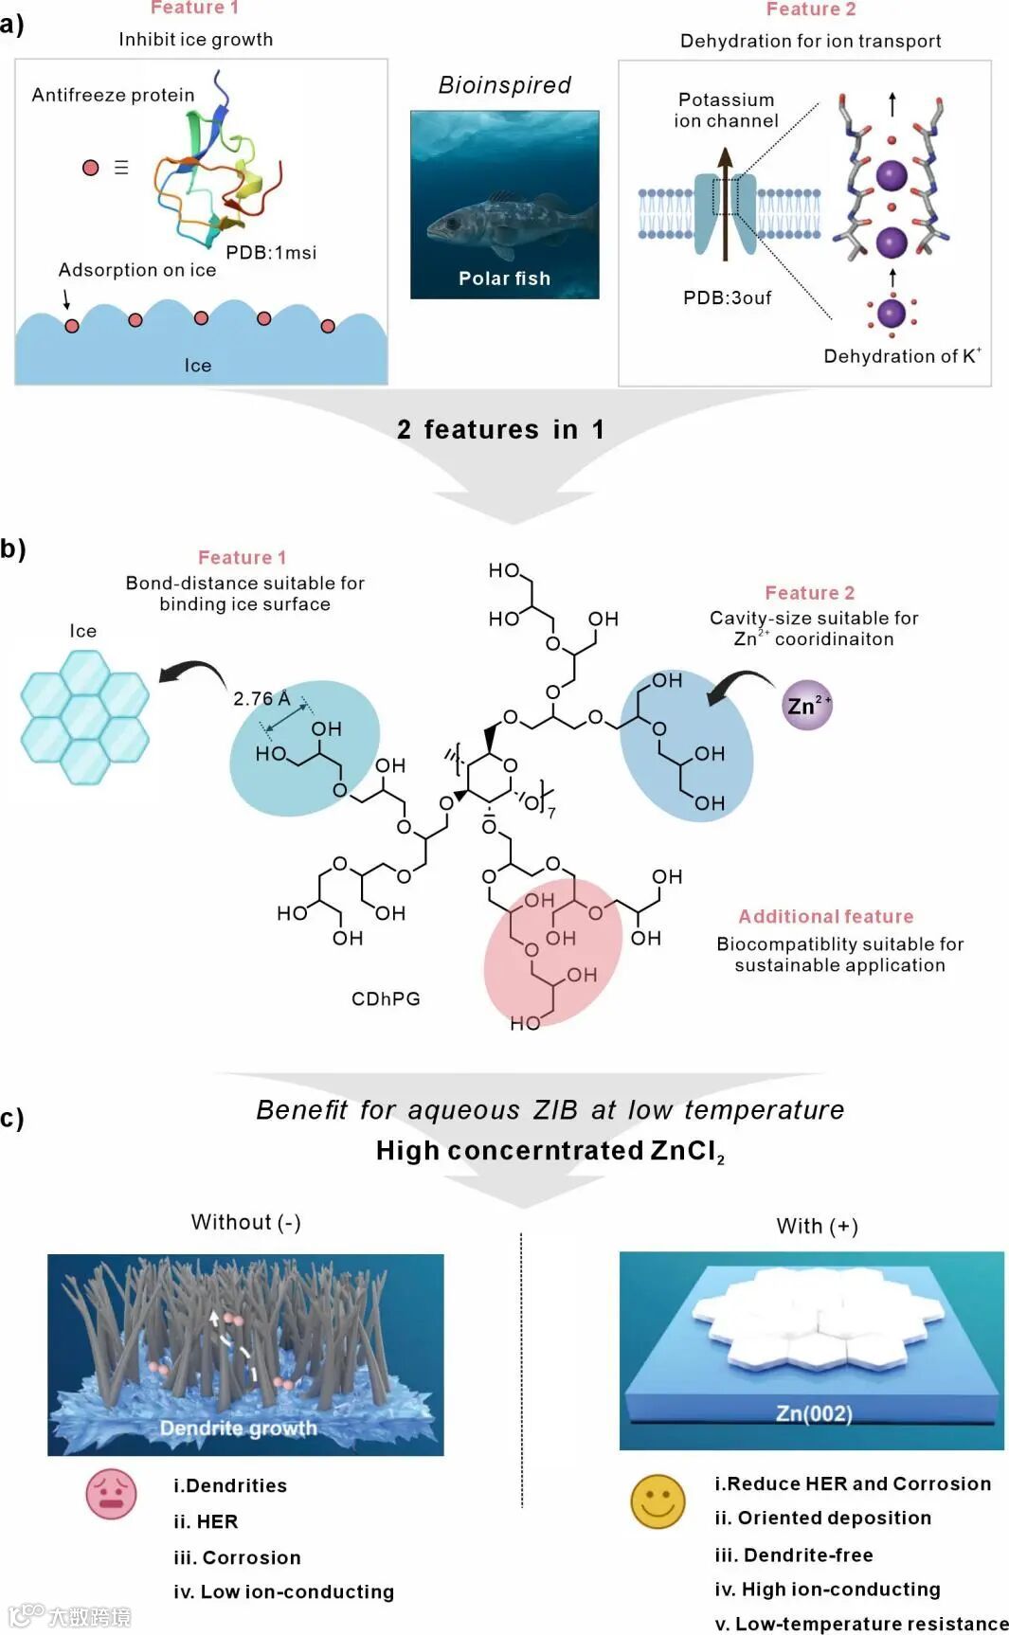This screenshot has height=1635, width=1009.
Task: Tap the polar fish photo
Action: [x=504, y=204]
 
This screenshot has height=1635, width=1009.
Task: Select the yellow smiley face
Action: [x=658, y=1500]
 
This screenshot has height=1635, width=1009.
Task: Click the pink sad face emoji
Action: [x=112, y=1494]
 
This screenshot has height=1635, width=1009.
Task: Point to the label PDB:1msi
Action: [x=271, y=253]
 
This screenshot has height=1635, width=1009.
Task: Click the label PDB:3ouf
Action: [x=727, y=297]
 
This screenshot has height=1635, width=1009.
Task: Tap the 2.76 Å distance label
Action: [x=261, y=699]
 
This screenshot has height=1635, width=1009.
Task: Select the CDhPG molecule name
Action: [x=386, y=998]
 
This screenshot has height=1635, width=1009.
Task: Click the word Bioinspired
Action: [x=504, y=85]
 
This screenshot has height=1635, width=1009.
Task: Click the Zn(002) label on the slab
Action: [x=814, y=1413]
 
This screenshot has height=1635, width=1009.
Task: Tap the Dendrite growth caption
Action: [x=238, y=1428]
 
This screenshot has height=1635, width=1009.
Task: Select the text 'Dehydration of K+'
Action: [x=901, y=356]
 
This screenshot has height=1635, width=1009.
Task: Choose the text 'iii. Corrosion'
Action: [x=237, y=1557]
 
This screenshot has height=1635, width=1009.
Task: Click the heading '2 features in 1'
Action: [x=500, y=429]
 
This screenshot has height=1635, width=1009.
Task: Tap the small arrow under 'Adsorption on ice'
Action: [x=66, y=299]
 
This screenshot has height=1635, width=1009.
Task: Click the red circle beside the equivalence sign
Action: [x=91, y=168]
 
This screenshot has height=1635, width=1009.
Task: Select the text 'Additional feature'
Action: [x=826, y=916]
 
